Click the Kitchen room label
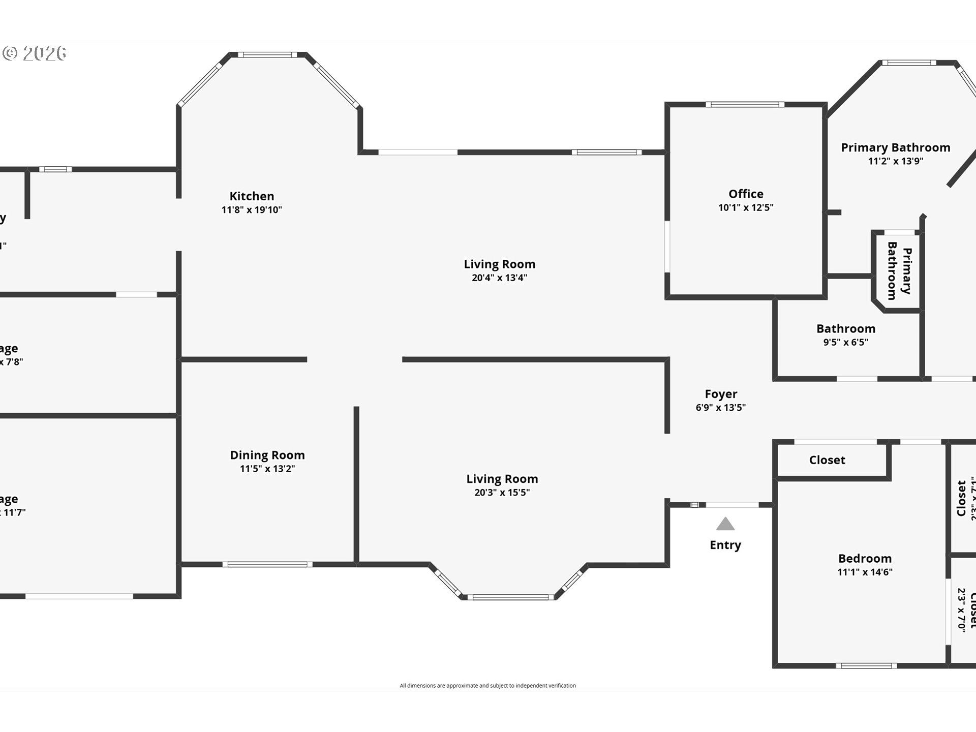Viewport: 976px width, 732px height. pyautogui.click(x=252, y=196)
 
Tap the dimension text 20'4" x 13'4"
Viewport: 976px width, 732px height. pyautogui.click(x=499, y=278)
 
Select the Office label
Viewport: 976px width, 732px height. pyautogui.click(x=746, y=194)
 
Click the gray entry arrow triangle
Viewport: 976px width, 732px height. pyautogui.click(x=725, y=524)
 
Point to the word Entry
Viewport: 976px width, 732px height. pyautogui.click(x=725, y=545)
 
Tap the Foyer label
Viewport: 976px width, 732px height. pyautogui.click(x=721, y=394)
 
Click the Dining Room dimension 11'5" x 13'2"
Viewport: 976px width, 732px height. pyautogui.click(x=267, y=469)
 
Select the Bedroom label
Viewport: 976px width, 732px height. pyautogui.click(x=865, y=558)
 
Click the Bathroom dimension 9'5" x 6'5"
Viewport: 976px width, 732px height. pyautogui.click(x=846, y=342)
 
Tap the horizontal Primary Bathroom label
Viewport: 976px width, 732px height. pyautogui.click(x=895, y=147)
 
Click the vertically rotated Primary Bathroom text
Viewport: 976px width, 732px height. pyautogui.click(x=899, y=271)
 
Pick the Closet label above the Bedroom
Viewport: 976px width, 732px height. pyautogui.click(x=827, y=460)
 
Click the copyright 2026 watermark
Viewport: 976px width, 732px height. pyautogui.click(x=35, y=53)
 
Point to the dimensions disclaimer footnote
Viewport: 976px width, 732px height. pyautogui.click(x=487, y=686)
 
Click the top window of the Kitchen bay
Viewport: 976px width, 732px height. pyautogui.click(x=267, y=54)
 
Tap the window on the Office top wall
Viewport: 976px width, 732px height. pyautogui.click(x=745, y=105)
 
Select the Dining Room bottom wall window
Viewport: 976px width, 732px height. pyautogui.click(x=267, y=564)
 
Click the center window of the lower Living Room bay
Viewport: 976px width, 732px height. pyautogui.click(x=510, y=597)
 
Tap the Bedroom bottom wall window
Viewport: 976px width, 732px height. pyautogui.click(x=866, y=665)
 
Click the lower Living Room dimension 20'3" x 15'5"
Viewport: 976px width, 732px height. pyautogui.click(x=502, y=492)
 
